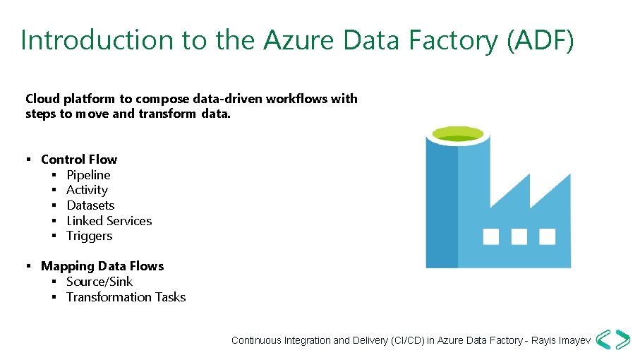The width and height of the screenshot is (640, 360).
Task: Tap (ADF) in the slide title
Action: point(541,41)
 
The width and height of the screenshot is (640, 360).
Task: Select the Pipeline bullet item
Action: point(88,174)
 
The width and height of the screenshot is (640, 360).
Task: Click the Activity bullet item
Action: point(87,190)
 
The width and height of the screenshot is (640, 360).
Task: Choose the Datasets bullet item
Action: point(90,205)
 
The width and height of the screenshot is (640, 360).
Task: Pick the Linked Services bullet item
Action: point(109,221)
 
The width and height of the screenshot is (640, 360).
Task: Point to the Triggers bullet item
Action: point(89,236)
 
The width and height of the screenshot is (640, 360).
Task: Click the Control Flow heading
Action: point(79,160)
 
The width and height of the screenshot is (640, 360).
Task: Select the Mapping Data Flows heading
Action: point(102,266)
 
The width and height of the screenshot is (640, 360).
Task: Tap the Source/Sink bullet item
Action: point(99,282)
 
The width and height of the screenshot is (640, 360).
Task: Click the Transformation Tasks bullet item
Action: point(126,297)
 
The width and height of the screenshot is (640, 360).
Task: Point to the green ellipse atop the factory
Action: point(457,133)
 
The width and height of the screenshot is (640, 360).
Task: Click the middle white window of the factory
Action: point(519,236)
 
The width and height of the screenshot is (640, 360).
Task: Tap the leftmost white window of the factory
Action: point(491,236)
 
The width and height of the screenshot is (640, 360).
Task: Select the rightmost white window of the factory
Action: point(546,236)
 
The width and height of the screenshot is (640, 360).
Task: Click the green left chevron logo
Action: point(604,340)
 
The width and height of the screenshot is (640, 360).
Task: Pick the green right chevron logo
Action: point(622,340)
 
